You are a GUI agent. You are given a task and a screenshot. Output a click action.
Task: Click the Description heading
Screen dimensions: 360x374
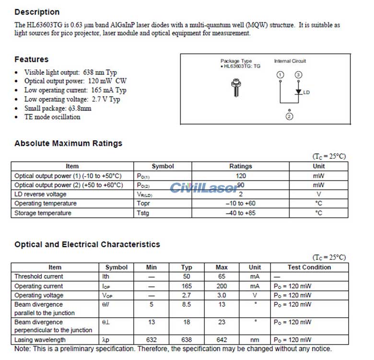click(37, 12)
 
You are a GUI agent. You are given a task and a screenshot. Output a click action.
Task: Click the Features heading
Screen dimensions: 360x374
click(31, 60)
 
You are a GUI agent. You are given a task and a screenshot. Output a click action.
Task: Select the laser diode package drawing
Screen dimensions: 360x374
click(235, 89)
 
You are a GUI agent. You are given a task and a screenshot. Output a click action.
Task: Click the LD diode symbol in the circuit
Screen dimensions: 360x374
click(298, 91)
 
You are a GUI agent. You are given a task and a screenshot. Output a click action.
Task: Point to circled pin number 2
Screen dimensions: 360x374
click(289, 117)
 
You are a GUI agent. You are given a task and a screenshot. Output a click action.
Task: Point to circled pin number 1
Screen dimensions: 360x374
click(280, 75)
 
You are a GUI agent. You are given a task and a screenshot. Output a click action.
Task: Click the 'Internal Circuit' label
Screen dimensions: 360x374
click(290, 61)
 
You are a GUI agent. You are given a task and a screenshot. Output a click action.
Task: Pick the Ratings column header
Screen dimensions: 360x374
click(240, 166)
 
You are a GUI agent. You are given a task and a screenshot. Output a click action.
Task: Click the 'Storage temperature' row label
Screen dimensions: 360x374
click(43, 213)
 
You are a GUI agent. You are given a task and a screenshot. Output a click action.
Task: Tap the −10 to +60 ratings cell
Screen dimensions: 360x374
click(240, 204)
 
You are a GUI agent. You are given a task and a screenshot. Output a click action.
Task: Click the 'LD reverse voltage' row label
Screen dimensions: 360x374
click(40, 194)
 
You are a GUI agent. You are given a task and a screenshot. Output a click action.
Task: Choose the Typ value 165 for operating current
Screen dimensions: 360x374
click(187, 286)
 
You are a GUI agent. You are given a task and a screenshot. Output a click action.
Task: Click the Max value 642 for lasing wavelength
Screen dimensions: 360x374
click(222, 340)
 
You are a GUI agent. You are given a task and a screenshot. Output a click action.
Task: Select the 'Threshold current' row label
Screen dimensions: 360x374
click(38, 276)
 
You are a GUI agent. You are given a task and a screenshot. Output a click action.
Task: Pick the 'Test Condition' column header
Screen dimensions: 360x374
click(309, 267)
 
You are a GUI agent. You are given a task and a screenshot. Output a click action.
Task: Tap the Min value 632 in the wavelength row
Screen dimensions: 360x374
click(152, 340)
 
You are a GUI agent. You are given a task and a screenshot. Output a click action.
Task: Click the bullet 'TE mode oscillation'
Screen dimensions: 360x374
click(52, 117)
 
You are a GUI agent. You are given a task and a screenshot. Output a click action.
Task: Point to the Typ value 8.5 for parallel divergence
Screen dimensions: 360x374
click(187, 304)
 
